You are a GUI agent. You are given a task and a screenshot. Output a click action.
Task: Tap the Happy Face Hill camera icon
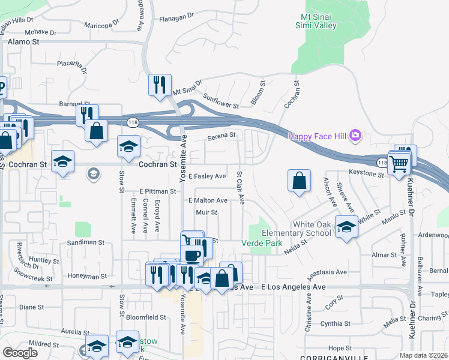355,136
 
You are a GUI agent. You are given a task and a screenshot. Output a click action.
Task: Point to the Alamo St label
23,42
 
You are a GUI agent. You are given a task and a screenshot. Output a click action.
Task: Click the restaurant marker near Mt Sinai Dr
160,85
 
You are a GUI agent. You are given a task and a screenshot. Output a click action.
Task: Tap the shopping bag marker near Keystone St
299,181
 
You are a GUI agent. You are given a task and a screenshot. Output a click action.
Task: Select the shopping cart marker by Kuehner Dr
398,162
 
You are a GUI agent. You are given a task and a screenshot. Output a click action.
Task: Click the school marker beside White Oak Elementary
346,226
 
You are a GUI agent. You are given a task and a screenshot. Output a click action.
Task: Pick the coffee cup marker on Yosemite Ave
191,256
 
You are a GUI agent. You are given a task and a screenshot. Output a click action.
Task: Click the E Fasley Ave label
206,176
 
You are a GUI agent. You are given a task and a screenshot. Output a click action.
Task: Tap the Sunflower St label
221,101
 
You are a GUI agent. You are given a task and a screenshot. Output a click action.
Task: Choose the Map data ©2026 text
423,355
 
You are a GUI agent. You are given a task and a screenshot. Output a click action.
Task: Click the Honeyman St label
87,277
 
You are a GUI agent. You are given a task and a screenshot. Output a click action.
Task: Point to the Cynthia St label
335,323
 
